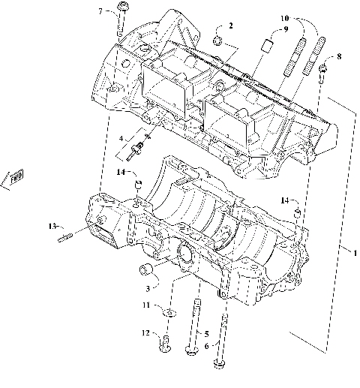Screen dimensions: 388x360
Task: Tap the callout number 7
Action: point(100,11)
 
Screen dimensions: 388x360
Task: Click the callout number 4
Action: point(121,139)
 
